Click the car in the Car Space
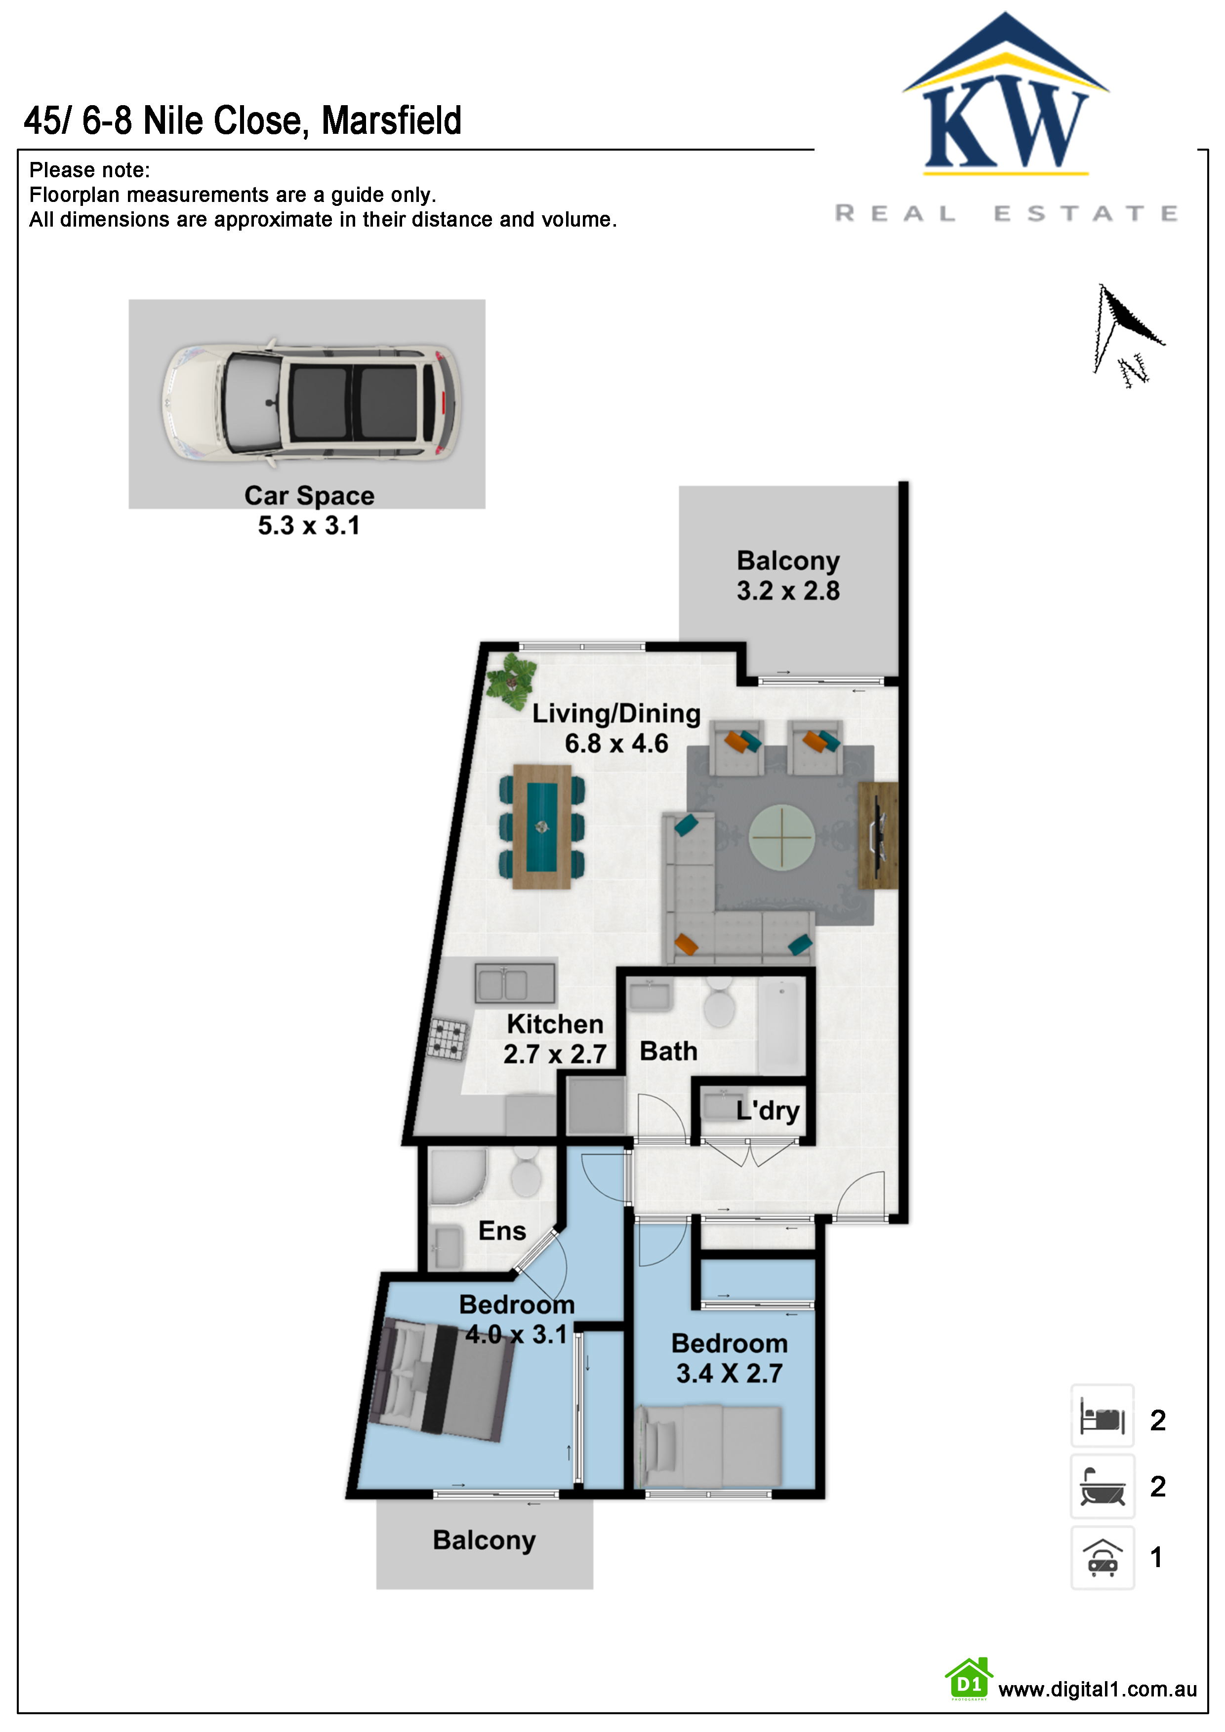pos(310,401)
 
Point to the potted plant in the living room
pos(511,681)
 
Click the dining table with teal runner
pos(541,827)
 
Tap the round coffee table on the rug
pos(781,837)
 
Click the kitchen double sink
pos(515,984)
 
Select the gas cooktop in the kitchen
pos(448,1039)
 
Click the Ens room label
pos(502,1230)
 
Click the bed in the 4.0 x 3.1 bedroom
pos(440,1379)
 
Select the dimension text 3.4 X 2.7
pos(729,1373)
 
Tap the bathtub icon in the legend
pos(1102,1486)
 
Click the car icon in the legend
pos(1102,1557)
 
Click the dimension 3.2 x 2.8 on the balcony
pos(788,590)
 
